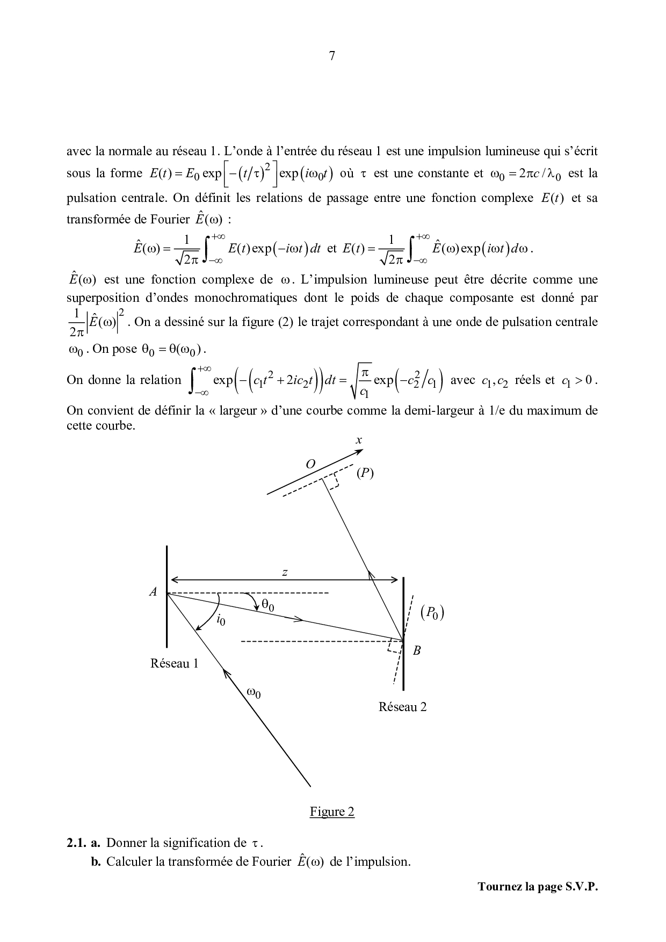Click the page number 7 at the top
tap(332, 56)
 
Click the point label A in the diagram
tap(153, 592)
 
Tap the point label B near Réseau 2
tap(416, 650)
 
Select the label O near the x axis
tap(310, 465)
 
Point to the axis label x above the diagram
tap(359, 440)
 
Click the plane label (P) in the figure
tap(365, 473)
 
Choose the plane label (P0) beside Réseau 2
tap(432, 613)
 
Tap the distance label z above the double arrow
tap(285, 573)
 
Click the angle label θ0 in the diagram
tap(267, 606)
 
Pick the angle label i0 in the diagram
tap(220, 621)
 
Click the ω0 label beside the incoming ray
tap(254, 693)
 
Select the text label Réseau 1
tap(174, 664)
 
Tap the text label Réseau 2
tap(402, 707)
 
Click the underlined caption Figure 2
tap(332, 811)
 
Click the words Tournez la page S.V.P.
tap(538, 887)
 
